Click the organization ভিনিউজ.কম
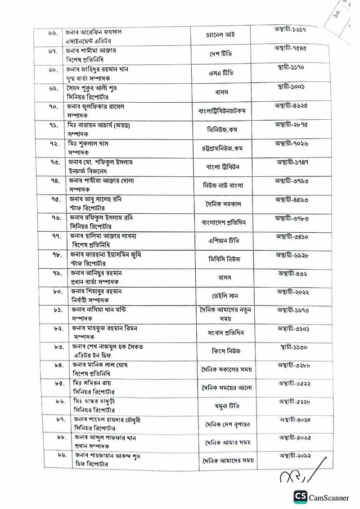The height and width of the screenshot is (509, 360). (223, 130)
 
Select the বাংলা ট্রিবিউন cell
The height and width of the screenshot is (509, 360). (223, 167)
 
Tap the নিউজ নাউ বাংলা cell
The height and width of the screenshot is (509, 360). (223, 185)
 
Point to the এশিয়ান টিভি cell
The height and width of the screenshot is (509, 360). (224, 241)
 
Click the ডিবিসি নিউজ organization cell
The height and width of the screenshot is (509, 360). (223, 259)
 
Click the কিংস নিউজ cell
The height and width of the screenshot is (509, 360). (224, 351)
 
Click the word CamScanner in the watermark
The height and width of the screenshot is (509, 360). (328, 498)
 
